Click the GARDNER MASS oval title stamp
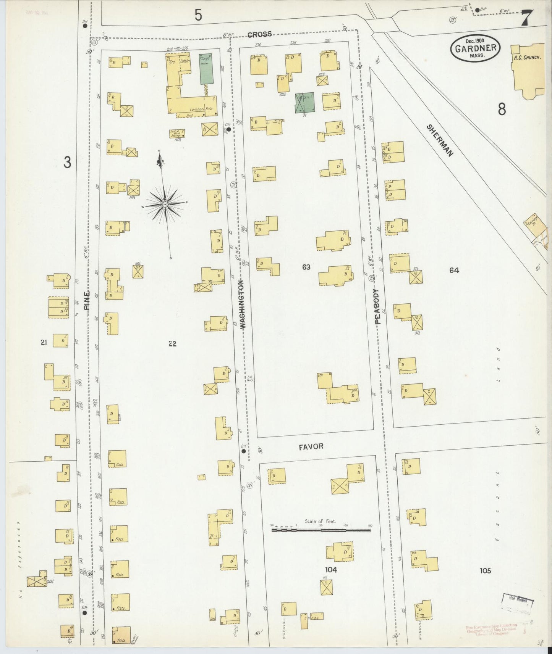pos(476,48)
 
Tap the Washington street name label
pos(243,304)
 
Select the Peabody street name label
pos(377,306)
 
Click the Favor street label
pos(311,446)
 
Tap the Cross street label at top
pos(259,34)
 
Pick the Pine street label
pos(87,301)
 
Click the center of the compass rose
pos(165,205)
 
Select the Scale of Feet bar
pos(321,530)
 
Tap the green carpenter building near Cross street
pos(206,69)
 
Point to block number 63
pos(306,267)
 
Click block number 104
pos(331,570)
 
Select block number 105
pos(485,571)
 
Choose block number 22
pos(173,344)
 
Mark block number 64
pos(454,270)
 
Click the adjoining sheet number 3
pos(67,163)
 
